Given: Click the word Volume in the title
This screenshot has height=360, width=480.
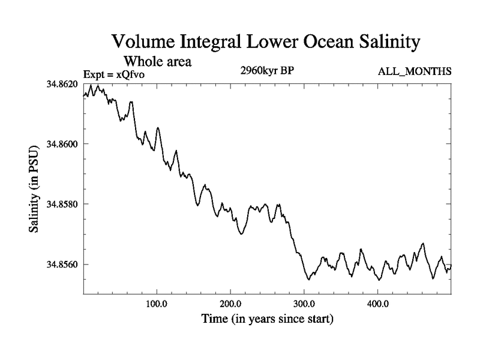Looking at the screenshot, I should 142,43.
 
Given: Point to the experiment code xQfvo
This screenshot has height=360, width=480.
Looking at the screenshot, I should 130,74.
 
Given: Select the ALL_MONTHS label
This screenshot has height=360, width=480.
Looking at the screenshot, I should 415,72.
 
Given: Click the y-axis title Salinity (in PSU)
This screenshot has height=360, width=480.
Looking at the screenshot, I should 35,189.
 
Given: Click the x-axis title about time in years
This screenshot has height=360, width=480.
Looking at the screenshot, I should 267,319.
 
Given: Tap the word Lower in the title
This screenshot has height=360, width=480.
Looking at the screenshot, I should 266,43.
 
